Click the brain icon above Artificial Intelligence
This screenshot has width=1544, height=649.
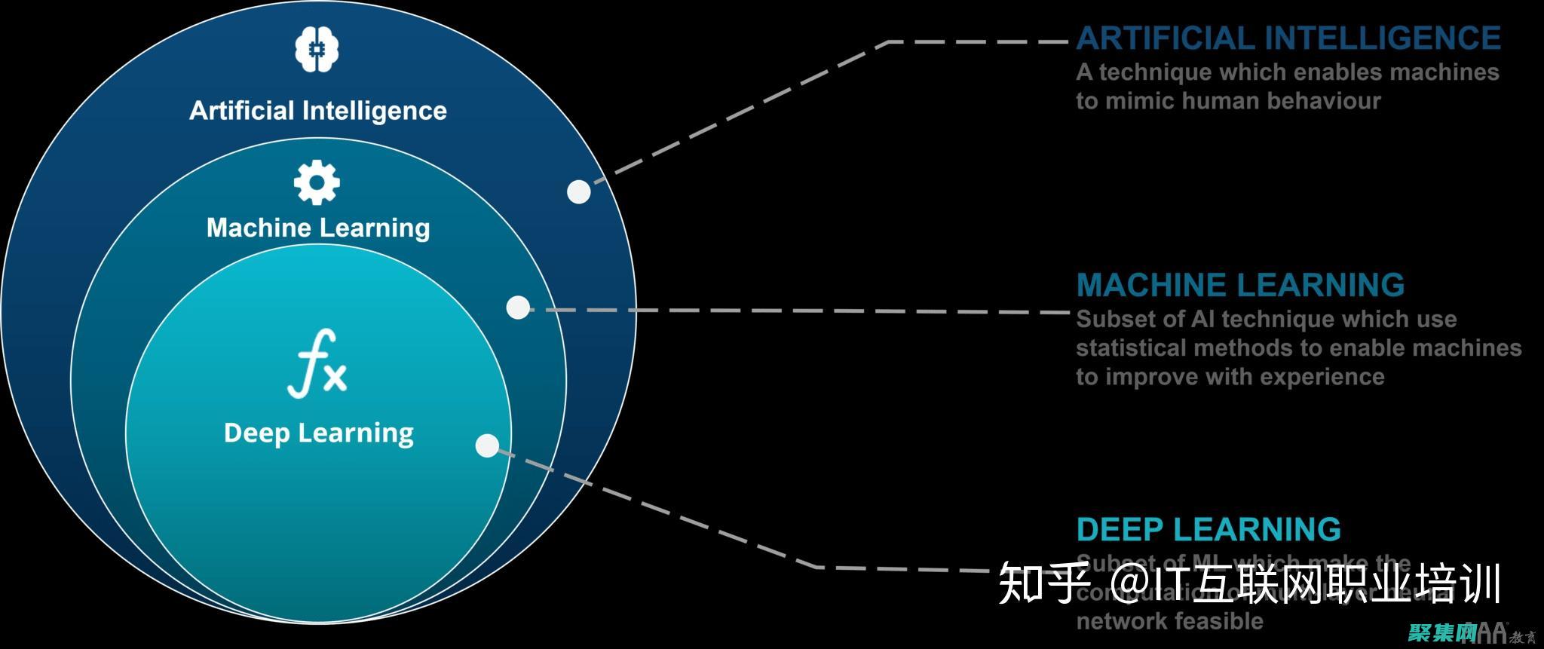click(317, 49)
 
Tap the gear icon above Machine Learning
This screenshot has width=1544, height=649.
click(317, 182)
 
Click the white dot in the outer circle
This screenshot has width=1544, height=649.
click(578, 191)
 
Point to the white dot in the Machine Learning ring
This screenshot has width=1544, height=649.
click(518, 307)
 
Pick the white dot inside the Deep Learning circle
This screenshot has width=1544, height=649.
click(488, 445)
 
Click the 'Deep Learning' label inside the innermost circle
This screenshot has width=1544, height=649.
click(318, 433)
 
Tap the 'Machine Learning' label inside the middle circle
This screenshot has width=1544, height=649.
click(318, 228)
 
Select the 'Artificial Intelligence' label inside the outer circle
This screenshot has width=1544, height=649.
click(317, 111)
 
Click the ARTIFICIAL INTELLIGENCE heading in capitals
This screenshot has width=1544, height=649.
click(1288, 38)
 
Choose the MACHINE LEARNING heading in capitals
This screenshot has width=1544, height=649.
click(1240, 285)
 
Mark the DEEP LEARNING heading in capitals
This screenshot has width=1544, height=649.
click(1209, 529)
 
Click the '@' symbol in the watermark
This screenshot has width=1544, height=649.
click(1132, 585)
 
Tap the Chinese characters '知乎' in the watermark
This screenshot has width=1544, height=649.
click(1043, 585)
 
